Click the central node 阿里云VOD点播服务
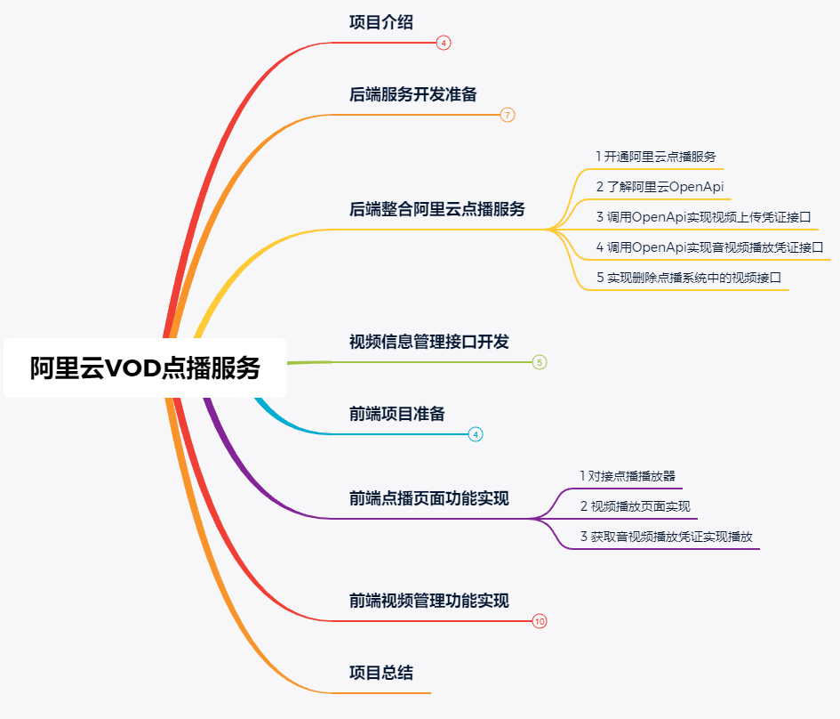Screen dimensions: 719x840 pyautogui.click(x=145, y=368)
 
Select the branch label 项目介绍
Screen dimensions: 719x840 pyautogui.click(x=381, y=23)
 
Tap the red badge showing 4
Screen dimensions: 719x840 pyautogui.click(x=444, y=43)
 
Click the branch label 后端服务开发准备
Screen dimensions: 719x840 pyautogui.click(x=413, y=94)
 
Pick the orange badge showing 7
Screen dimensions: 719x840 pyautogui.click(x=508, y=115)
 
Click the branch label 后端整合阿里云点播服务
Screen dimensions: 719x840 pyautogui.click(x=437, y=209)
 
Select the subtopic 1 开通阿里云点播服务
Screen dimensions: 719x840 pyautogui.click(x=656, y=157)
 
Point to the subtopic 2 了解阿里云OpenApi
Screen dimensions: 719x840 pyautogui.click(x=660, y=187)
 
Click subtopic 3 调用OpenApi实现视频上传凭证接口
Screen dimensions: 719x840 pyautogui.click(x=703, y=217)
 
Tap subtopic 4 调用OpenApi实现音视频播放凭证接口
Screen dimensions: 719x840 pyautogui.click(x=708, y=246)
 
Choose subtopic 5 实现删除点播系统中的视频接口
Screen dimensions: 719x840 pyautogui.click(x=688, y=278)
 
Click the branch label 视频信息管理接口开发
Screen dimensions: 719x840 pyautogui.click(x=429, y=342)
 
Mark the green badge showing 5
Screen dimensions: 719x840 pyautogui.click(x=540, y=362)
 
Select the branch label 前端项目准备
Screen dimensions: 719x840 pyautogui.click(x=397, y=414)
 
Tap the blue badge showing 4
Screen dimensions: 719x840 pyautogui.click(x=476, y=434)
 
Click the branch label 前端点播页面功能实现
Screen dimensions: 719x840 pyautogui.click(x=429, y=498)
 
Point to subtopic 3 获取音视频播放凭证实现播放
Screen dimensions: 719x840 pyautogui.click(x=666, y=537)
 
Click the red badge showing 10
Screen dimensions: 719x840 pyautogui.click(x=540, y=621)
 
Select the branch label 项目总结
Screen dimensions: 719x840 pyautogui.click(x=381, y=673)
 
